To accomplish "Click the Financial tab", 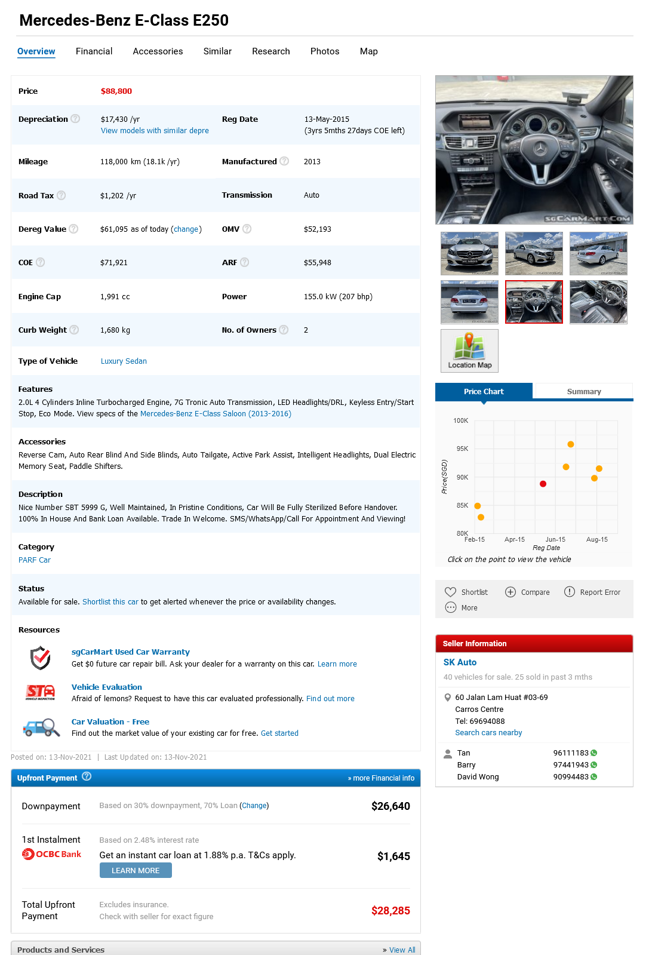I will pos(94,51).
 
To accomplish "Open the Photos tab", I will pos(324,51).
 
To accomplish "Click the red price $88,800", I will pos(116,91).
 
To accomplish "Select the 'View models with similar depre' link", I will pos(155,131).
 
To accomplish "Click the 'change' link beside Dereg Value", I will pos(186,229).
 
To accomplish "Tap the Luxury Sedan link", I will pos(124,361).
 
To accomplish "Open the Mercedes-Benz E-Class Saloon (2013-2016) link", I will pos(216,414).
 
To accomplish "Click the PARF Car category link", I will pos(35,560).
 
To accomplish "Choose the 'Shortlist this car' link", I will pos(110,602).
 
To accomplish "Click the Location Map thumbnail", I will pos(469,351).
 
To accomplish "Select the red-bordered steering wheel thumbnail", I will pos(534,302).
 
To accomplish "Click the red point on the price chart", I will pos(543,484).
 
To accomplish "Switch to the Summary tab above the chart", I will pos(583,392).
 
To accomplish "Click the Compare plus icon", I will pos(510,592).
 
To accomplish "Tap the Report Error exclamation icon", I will pos(570,592).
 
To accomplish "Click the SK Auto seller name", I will pos(460,662).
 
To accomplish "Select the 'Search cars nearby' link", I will pos(488,733).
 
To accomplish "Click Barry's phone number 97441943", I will pos(571,765).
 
